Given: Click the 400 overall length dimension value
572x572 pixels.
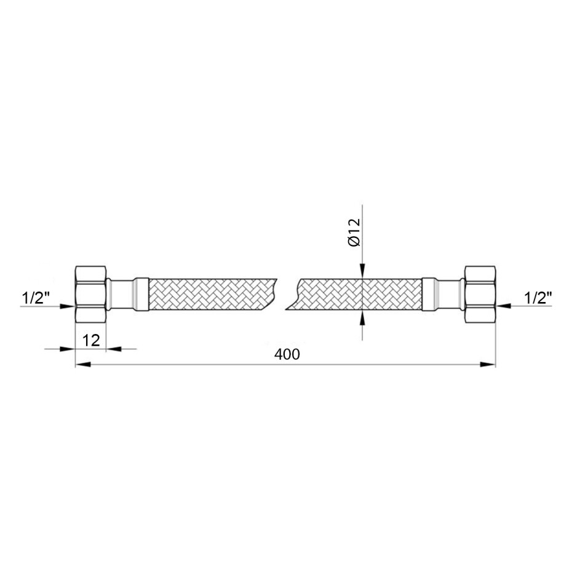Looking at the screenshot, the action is (287, 354).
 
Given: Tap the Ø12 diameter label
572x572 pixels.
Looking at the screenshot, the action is (354, 232).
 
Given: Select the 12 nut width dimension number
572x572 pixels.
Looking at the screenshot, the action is (91, 341).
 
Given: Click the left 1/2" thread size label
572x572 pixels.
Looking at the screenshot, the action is (36, 298).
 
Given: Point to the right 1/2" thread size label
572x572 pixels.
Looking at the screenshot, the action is (538, 298).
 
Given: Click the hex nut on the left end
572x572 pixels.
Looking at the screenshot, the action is (90, 294).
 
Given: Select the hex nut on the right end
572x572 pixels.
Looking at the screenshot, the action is (480, 294).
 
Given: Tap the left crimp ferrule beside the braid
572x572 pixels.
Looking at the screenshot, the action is (141, 295).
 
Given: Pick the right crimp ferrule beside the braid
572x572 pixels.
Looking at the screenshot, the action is (429, 295).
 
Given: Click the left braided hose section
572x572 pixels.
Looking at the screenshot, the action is (212, 295).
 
